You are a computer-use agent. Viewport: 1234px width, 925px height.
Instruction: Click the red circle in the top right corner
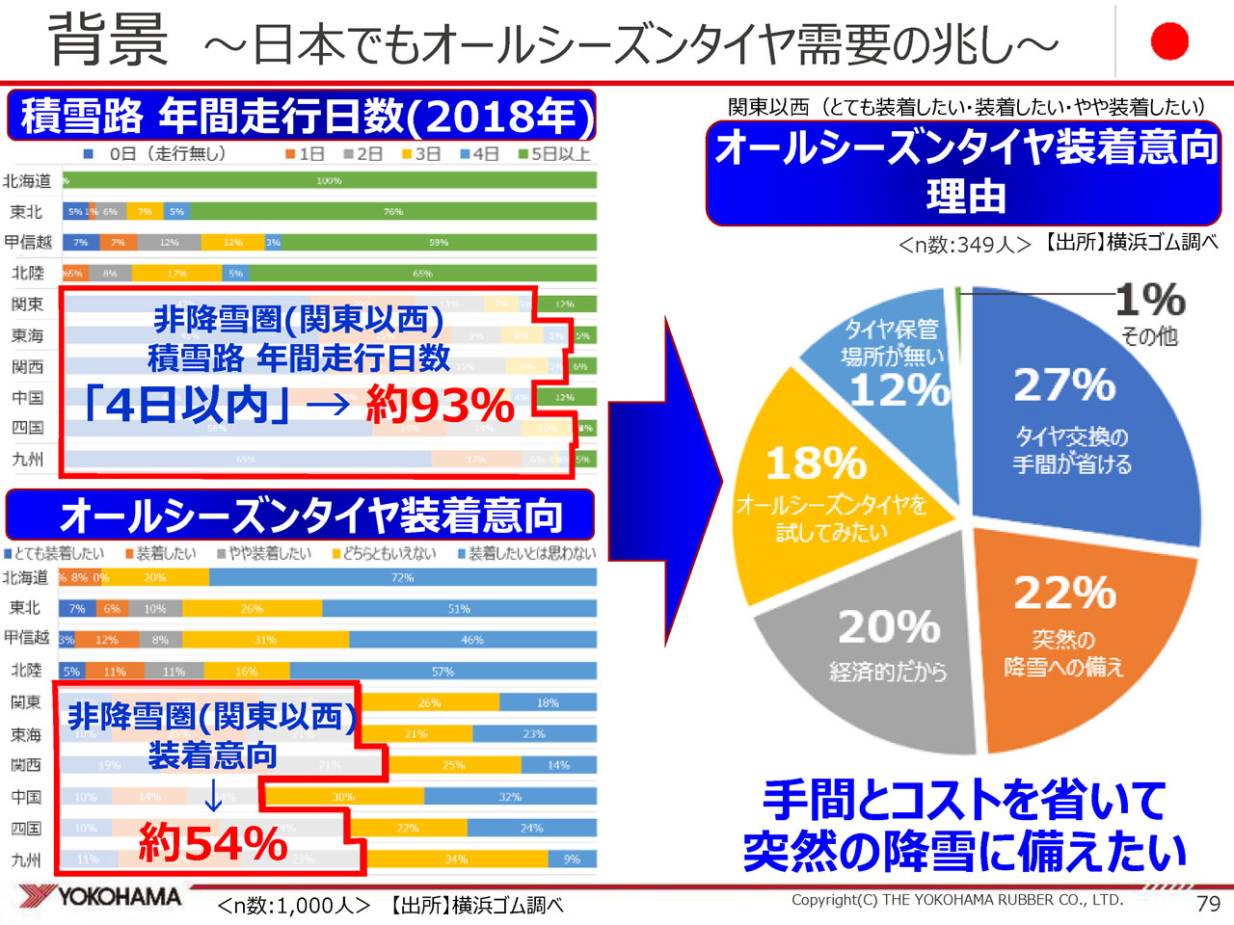pos(1169,41)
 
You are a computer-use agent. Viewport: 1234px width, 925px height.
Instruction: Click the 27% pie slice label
pos(1064,385)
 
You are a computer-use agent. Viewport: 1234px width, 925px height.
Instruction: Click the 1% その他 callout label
pos(1149,313)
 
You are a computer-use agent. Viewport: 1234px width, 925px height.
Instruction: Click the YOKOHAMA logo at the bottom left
pos(101,897)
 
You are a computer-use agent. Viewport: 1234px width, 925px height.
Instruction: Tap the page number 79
pos(1207,904)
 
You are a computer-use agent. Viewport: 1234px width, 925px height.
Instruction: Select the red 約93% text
pos(440,406)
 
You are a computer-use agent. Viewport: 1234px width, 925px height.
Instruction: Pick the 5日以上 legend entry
pos(554,154)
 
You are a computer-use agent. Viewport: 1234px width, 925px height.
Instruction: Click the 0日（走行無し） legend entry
pos(154,154)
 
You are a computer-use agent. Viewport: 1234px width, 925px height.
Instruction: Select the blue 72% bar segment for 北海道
pos(402,578)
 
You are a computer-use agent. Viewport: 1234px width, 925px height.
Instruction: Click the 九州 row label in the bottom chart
pos(26,859)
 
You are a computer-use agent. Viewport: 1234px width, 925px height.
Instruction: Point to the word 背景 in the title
pos(108,40)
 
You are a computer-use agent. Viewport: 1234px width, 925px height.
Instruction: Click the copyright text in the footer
pos(956,900)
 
